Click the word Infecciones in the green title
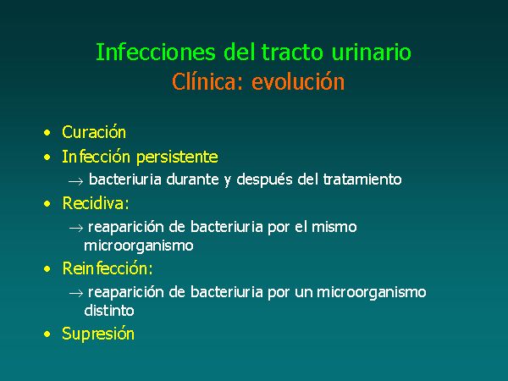(x=156, y=52)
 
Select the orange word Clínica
(x=207, y=81)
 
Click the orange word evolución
(x=298, y=81)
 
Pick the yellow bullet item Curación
(x=94, y=132)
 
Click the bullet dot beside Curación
(x=47, y=133)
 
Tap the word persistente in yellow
(x=177, y=157)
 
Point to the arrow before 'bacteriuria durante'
(x=76, y=181)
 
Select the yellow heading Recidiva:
(x=96, y=203)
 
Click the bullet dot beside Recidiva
(x=47, y=204)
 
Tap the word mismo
(x=334, y=227)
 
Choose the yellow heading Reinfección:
(x=108, y=268)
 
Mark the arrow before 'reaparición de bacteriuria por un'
(x=76, y=294)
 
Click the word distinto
(x=109, y=311)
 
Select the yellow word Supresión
(x=98, y=334)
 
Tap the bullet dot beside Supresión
(x=47, y=334)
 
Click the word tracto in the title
(x=292, y=52)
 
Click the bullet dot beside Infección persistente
(x=47, y=157)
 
